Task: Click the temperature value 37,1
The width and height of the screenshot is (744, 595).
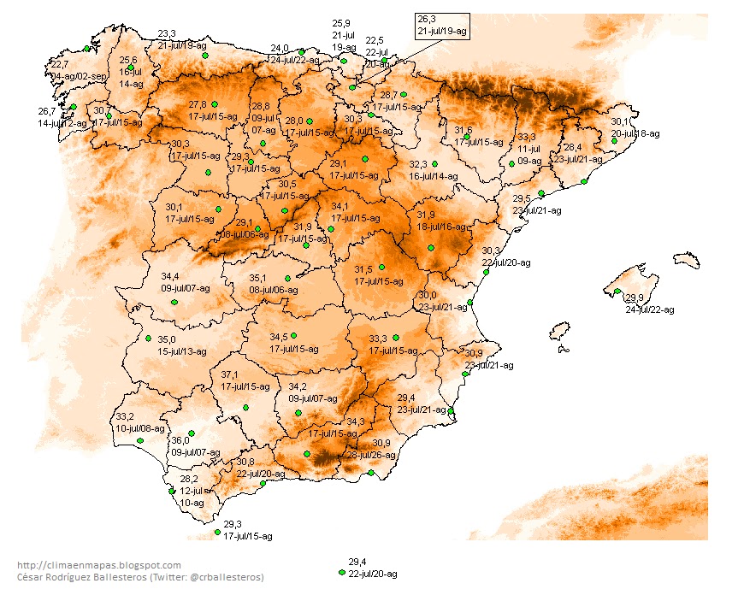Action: point(230,374)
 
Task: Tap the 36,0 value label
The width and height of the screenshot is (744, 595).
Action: point(180,440)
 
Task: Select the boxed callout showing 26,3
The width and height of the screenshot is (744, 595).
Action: point(441,25)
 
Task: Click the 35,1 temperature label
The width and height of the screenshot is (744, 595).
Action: point(258,278)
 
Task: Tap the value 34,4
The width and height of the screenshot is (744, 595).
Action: point(170,276)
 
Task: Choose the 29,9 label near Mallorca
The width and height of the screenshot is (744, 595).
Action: point(635,297)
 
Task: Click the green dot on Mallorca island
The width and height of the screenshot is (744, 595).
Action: point(617,292)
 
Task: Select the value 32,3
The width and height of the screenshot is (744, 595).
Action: point(418,164)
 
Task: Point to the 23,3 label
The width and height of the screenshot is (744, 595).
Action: point(167,33)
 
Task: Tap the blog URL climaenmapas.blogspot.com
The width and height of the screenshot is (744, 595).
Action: point(99,565)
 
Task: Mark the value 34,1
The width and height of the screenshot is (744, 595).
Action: point(340,206)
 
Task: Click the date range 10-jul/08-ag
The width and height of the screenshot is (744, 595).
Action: point(140,428)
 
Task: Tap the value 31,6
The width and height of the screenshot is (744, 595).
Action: point(464,130)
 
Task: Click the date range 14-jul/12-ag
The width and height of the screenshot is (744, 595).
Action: point(62,123)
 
